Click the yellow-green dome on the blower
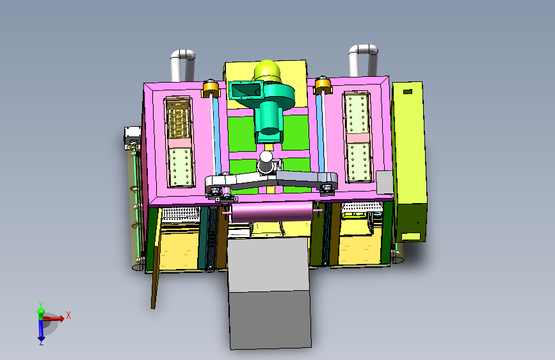click(267, 70)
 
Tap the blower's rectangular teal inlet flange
click(246, 90)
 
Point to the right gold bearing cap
click(323, 85)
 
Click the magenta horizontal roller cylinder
click(272, 212)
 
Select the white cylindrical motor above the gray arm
click(266, 163)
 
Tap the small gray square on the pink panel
click(384, 182)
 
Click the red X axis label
click(68, 315)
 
